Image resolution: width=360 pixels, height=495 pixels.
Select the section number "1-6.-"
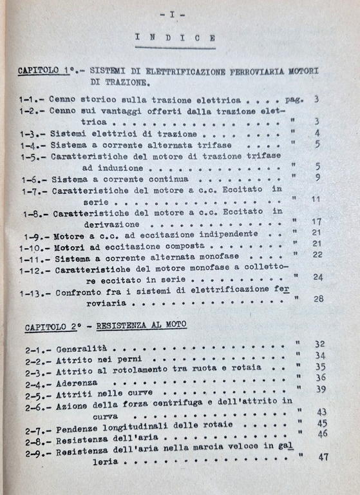tap(32, 178)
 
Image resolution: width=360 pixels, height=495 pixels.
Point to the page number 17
tap(316, 222)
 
